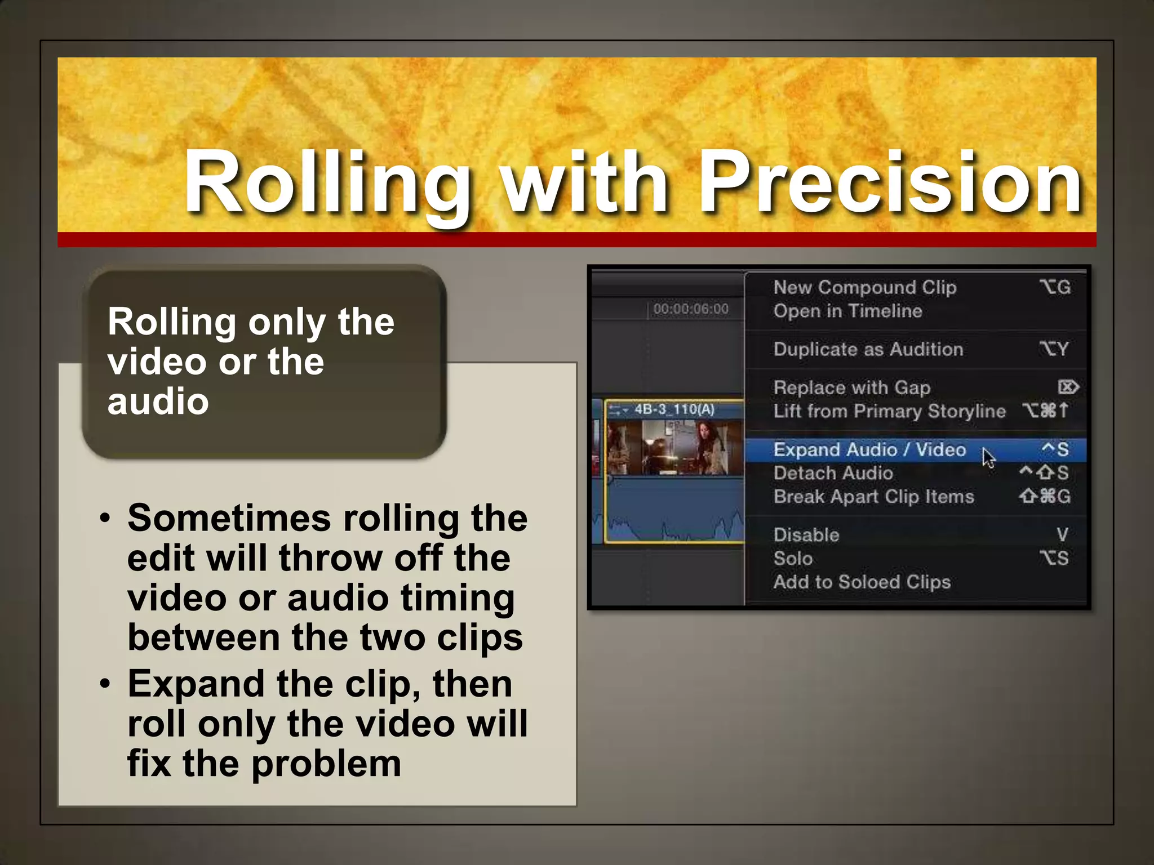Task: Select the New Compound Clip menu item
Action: pyautogui.click(x=864, y=287)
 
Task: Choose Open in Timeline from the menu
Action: pyautogui.click(x=847, y=311)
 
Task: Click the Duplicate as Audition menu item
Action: pyautogui.click(x=868, y=349)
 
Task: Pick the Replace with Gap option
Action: pyautogui.click(x=851, y=387)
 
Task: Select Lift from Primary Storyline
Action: pyautogui.click(x=889, y=411)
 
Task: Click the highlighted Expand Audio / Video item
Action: pyautogui.click(x=869, y=449)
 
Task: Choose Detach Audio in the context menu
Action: pyautogui.click(x=833, y=473)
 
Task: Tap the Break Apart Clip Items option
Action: pyautogui.click(x=873, y=497)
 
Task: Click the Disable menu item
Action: pyautogui.click(x=806, y=535)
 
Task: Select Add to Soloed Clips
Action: pyautogui.click(x=862, y=582)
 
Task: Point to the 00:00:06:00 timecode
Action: pyautogui.click(x=691, y=309)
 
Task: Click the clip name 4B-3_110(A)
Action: pyautogui.click(x=674, y=409)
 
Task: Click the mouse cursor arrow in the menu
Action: pyautogui.click(x=988, y=457)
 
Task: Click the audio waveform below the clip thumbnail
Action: pyautogui.click(x=674, y=518)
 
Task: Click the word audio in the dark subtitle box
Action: pyautogui.click(x=158, y=402)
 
